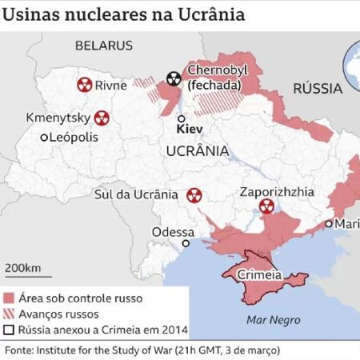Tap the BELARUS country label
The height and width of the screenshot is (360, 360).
[x=103, y=46]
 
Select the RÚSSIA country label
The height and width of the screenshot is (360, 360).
[x=318, y=89]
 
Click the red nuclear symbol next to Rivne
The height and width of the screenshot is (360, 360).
[x=83, y=84]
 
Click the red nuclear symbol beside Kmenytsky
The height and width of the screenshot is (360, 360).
[x=102, y=118]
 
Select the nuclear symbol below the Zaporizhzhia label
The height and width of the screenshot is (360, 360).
[x=266, y=206]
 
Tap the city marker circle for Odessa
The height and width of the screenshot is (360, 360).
[x=186, y=243]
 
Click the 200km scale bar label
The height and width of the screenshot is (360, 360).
[x=23, y=266]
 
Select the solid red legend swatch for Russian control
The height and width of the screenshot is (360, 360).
[x=10, y=298]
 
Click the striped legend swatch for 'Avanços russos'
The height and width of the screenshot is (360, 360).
[x=10, y=313]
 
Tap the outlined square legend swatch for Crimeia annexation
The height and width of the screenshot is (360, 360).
[x=10, y=328]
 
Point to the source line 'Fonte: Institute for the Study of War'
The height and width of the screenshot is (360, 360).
[x=144, y=350]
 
